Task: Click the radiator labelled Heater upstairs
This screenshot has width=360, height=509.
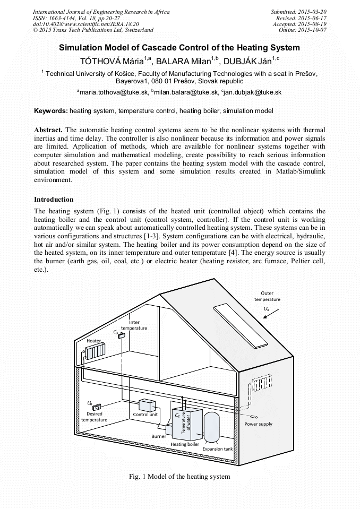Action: tap(95, 352)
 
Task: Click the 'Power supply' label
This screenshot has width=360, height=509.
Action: tap(259, 424)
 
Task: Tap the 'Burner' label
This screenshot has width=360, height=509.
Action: tap(159, 436)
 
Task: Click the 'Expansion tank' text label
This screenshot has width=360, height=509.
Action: tap(217, 449)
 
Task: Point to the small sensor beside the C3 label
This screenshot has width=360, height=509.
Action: tap(122, 335)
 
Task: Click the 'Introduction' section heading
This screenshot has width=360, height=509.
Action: tap(54, 200)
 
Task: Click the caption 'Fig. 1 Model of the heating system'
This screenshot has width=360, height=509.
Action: tap(180, 477)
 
